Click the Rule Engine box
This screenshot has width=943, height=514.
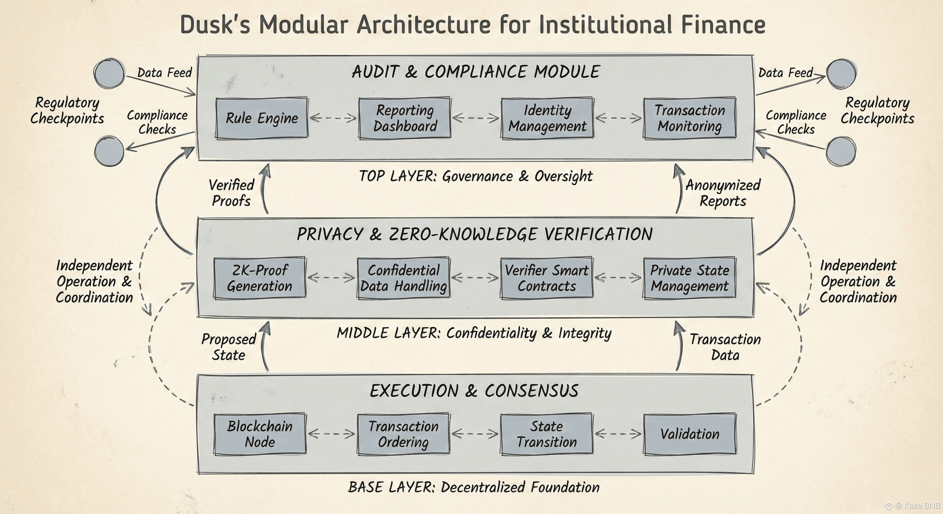(x=262, y=118)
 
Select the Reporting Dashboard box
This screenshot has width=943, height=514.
(x=405, y=118)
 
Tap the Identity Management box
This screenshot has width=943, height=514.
(x=547, y=118)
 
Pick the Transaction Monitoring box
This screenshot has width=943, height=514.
(x=690, y=118)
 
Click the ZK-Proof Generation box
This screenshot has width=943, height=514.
(x=260, y=278)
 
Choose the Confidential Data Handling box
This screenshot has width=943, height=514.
(x=404, y=278)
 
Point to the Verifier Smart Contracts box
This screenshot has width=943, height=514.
(x=547, y=278)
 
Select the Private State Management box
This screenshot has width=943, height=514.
(x=690, y=278)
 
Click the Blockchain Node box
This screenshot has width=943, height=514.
(x=260, y=434)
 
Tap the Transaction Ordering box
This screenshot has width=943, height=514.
(x=404, y=434)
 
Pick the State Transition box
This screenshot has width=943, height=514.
(x=547, y=434)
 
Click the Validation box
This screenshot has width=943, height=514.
(x=690, y=434)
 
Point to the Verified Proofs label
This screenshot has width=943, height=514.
(x=231, y=193)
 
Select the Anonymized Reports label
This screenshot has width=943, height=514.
(x=723, y=193)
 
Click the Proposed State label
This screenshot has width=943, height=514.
(x=229, y=347)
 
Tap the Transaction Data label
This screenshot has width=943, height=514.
(x=725, y=347)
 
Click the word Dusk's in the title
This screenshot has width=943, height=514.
(x=215, y=25)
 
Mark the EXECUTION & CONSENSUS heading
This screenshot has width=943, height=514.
(x=474, y=391)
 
